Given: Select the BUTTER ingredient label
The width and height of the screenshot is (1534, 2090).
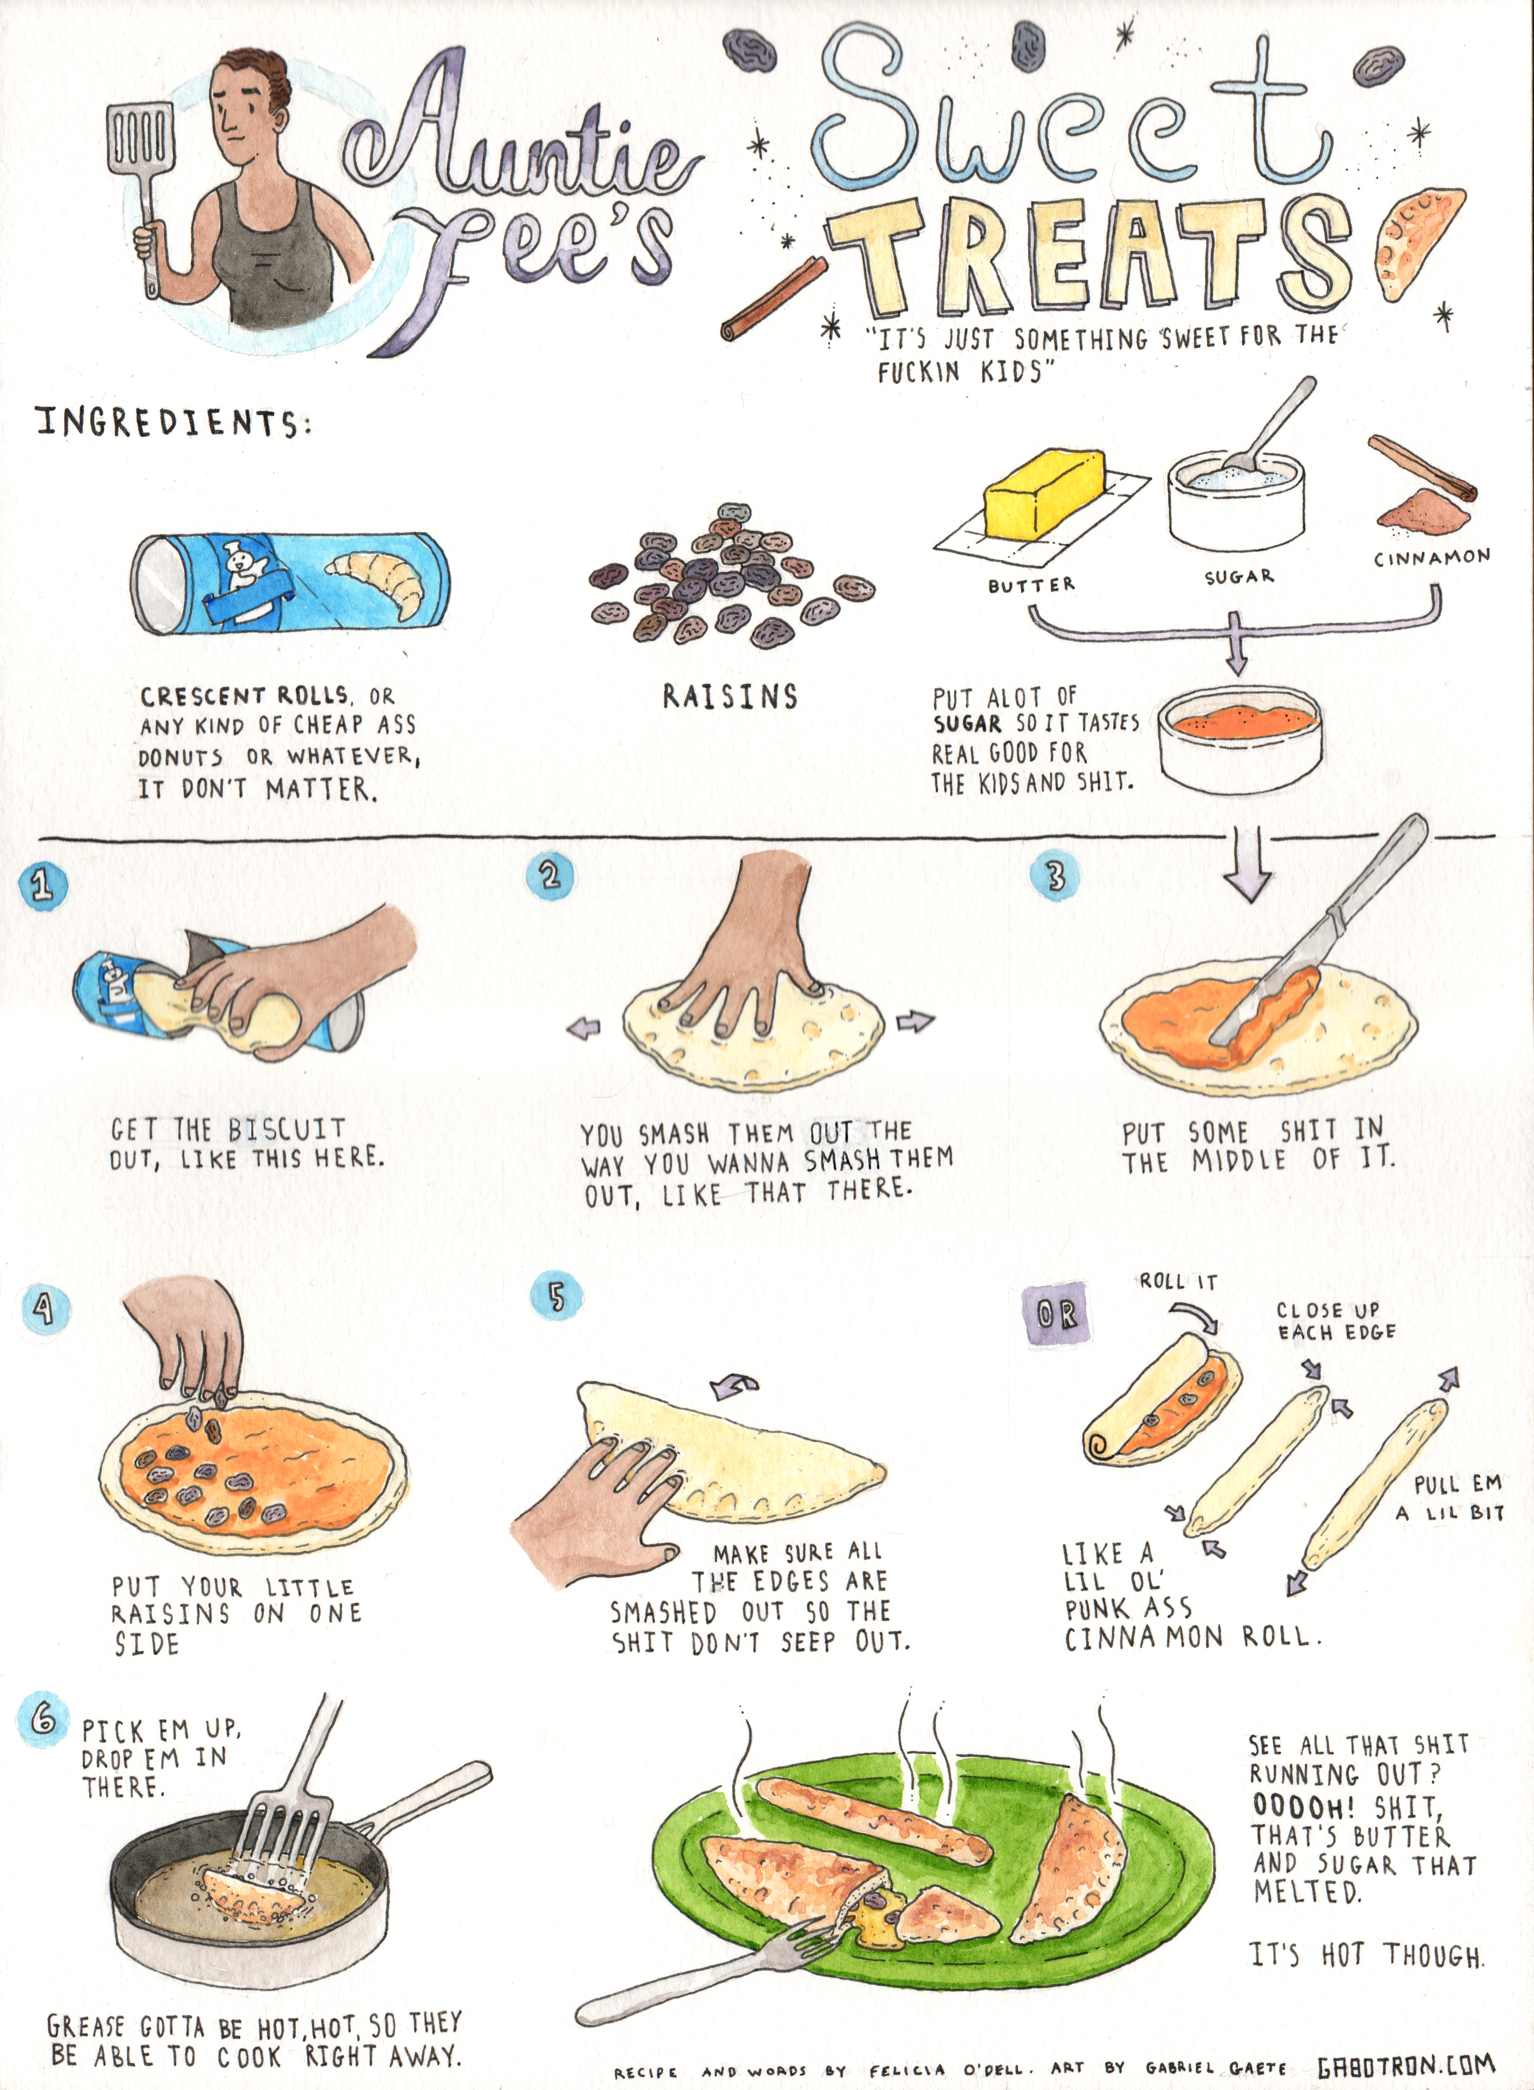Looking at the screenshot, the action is (1031, 585).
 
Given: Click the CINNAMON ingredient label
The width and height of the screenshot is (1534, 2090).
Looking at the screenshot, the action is (1432, 557).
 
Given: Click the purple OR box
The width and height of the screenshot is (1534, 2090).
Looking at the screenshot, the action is (1056, 1314).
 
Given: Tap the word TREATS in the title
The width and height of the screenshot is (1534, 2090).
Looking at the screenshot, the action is (1091, 256).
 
